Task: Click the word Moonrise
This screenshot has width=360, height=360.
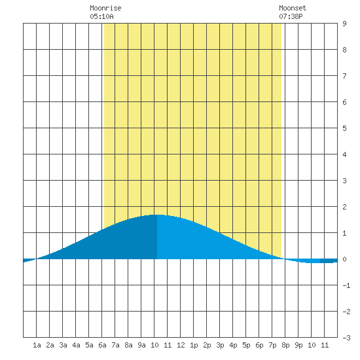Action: [105, 8]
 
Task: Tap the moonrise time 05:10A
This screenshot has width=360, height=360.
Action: [101, 16]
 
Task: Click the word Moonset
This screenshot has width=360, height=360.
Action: [293, 8]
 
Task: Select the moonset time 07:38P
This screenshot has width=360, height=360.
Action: [291, 16]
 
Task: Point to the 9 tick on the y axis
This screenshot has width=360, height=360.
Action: [344, 24]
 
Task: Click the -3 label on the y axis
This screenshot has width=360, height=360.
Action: [346, 338]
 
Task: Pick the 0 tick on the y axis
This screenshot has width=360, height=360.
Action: [344, 259]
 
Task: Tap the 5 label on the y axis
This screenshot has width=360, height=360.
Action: [344, 128]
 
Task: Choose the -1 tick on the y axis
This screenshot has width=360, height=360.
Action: [346, 285]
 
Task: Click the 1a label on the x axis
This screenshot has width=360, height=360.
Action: [37, 345]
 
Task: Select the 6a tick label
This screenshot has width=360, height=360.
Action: [102, 345]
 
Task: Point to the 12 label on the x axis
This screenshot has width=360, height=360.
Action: [181, 345]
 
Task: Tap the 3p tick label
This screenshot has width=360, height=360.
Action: [220, 345]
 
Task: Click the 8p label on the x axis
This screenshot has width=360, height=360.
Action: [285, 345]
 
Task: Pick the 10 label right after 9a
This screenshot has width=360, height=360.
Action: [154, 345]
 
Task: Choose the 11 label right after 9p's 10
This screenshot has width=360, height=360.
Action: [325, 345]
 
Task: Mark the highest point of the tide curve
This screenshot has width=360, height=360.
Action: [157, 215]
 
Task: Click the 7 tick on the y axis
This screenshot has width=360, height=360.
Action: [344, 76]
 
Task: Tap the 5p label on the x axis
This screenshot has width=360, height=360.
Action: [246, 345]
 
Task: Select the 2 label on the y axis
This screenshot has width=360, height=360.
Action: [344, 207]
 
